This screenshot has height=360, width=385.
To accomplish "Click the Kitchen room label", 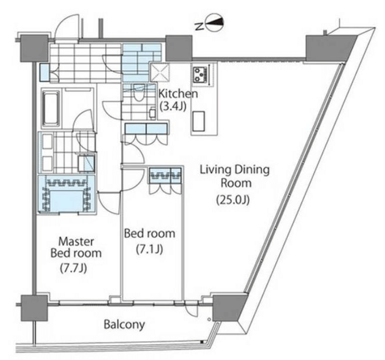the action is coord(178,94).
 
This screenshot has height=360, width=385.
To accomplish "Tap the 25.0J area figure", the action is coord(233,200).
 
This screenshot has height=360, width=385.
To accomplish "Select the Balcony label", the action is coord(124,325).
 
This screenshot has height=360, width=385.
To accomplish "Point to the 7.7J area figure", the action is coord(73,268).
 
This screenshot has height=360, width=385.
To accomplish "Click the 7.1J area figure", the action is coord(149,249).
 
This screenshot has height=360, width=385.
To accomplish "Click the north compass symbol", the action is coord(215,23).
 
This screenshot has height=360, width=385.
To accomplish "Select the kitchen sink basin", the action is coord(199,121).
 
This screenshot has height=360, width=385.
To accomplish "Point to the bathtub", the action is coord(52,108).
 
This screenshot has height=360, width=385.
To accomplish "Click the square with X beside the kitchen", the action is coord(160,72).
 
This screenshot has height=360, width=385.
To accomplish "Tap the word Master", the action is coord(76,241).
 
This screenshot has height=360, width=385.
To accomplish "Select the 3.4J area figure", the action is coord(173,106).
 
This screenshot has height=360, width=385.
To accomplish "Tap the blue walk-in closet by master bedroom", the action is coord(66,194).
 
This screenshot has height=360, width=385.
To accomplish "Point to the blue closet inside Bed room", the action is coord(165,175).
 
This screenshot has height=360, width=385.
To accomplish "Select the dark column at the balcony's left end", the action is coord(34,307).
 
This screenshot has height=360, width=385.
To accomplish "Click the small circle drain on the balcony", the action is coord(209,319).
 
